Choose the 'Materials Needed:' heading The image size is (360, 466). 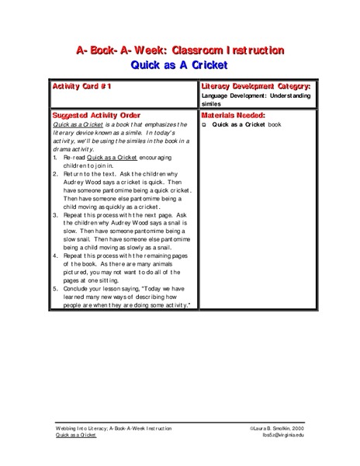pyautogui.click(x=233, y=114)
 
